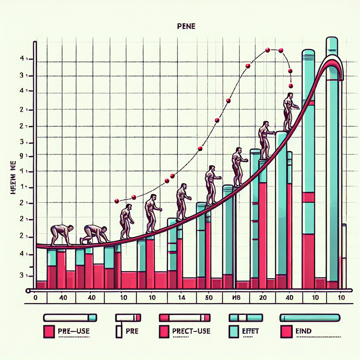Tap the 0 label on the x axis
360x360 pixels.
tap(35, 297)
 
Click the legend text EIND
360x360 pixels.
tap(303, 331)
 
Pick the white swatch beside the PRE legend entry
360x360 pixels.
tap(119, 332)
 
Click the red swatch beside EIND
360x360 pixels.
tap(286, 332)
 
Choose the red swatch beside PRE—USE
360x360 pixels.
tap(49, 332)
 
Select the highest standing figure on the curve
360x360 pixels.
tap(289, 111)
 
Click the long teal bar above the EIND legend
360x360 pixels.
tap(310, 318)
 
